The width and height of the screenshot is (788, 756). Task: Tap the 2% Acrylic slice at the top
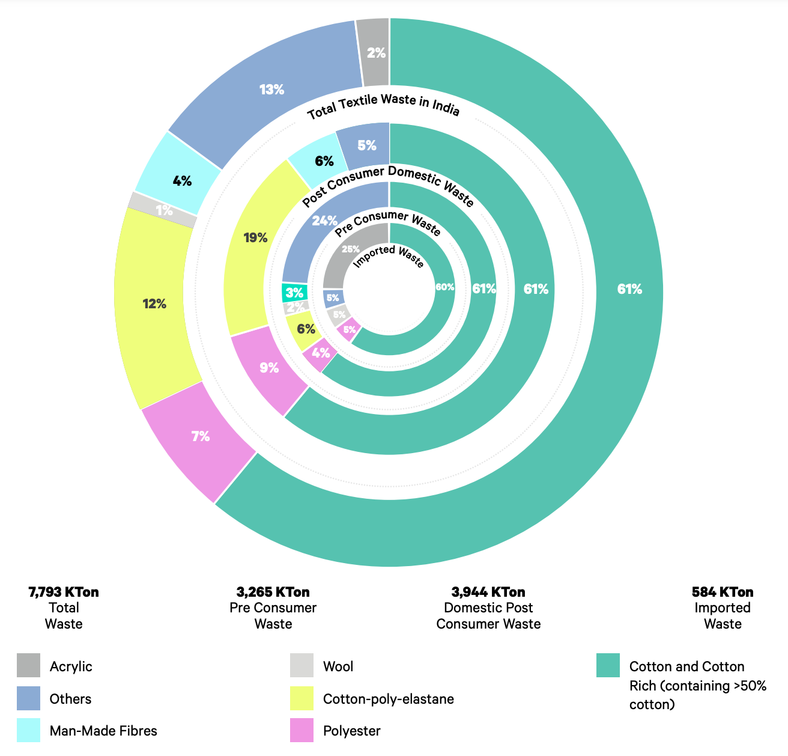point(375,53)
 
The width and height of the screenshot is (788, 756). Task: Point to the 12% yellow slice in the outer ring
point(155,304)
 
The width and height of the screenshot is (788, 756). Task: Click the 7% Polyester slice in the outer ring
point(201,437)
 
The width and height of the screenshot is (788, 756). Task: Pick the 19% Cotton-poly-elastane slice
point(255,238)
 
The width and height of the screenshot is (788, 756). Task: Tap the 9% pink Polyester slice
point(269,368)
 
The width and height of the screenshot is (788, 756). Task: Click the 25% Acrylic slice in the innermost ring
point(351,249)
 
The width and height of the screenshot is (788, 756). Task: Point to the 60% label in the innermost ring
point(444,287)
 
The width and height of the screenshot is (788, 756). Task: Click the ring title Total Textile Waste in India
point(383,106)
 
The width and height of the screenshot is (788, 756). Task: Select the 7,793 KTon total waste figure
point(64,592)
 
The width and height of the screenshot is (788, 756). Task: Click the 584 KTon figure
point(723,592)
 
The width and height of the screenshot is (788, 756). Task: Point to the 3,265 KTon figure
point(273,592)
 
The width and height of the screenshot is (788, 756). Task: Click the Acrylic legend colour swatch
point(29,665)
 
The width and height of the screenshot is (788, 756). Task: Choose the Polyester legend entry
point(351,731)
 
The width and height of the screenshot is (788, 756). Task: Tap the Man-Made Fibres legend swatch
point(29,730)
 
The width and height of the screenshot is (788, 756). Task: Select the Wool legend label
point(338,666)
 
